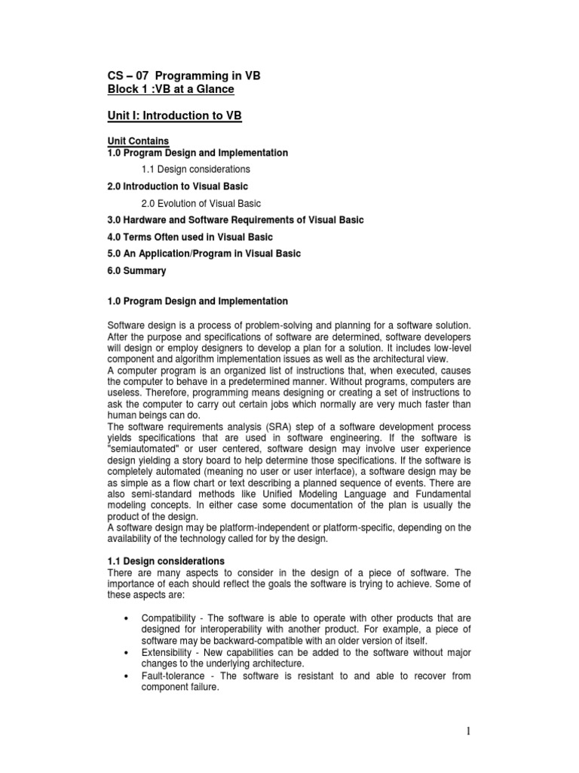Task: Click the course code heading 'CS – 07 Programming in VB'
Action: coord(185,76)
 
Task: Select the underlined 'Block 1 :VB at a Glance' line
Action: coord(171,90)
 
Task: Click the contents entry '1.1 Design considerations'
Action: coord(195,169)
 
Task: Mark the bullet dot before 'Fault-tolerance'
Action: coord(124,676)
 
